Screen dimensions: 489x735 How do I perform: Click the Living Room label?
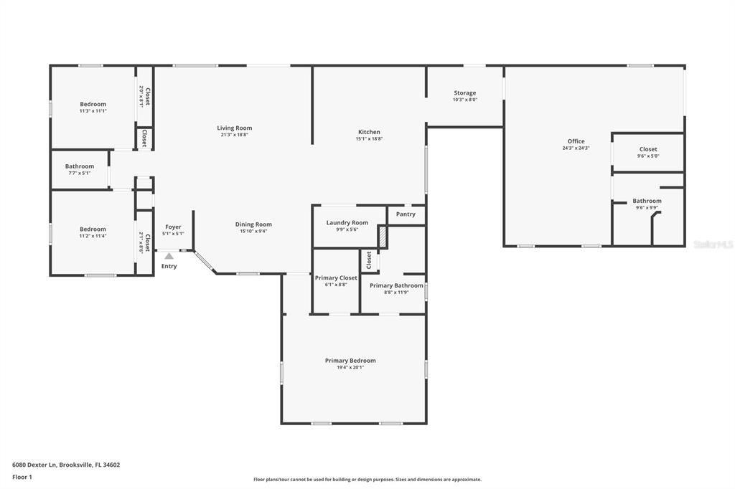pyautogui.click(x=235, y=128)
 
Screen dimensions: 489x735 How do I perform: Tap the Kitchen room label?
pyautogui.click(x=369, y=132)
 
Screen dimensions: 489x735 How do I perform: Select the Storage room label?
pyautogui.click(x=464, y=92)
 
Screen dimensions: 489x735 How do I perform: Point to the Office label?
pyautogui.click(x=576, y=141)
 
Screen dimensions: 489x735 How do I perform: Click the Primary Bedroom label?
pyautogui.click(x=350, y=361)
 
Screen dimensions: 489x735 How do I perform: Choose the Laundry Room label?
pyautogui.click(x=347, y=222)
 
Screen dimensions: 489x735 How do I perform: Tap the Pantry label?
pyautogui.click(x=406, y=214)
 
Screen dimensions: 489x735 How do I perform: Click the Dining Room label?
pyautogui.click(x=253, y=224)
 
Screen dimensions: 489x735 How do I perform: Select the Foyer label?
pyautogui.click(x=173, y=227)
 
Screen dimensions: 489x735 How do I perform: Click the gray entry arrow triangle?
pyautogui.click(x=169, y=255)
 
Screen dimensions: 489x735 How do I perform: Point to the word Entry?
pyautogui.click(x=169, y=266)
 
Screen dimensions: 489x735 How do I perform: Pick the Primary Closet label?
pyautogui.click(x=336, y=277)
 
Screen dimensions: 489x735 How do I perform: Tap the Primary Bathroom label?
pyautogui.click(x=396, y=285)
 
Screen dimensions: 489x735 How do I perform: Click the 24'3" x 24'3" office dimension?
pyautogui.click(x=576, y=148)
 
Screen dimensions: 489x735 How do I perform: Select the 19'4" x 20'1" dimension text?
pyautogui.click(x=350, y=368)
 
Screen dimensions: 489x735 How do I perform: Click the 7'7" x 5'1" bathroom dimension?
pyautogui.click(x=80, y=173)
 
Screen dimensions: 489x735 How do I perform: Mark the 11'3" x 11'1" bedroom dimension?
pyautogui.click(x=93, y=111)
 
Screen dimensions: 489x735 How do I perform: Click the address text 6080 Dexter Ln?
pyautogui.click(x=35, y=465)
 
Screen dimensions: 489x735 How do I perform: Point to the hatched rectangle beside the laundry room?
pyautogui.click(x=383, y=237)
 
